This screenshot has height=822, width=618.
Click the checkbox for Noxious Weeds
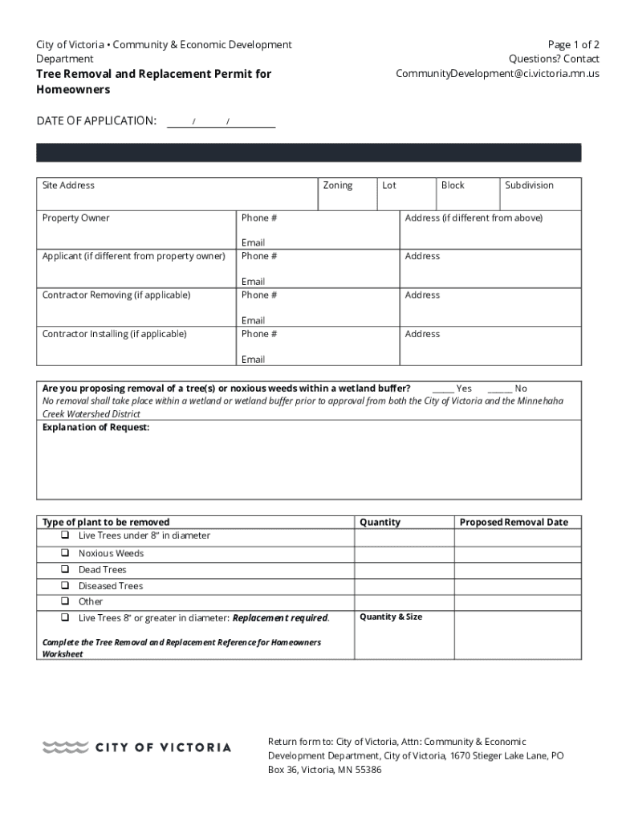pos(64,553)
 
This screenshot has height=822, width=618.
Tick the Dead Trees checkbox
pos(64,570)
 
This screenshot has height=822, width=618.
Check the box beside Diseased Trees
pos(64,586)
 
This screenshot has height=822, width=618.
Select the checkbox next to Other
pos(64,601)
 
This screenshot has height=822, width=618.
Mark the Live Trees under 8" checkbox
pos(64,535)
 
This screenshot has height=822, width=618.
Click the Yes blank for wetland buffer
pos(443,389)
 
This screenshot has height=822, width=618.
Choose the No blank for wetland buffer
pos(499,389)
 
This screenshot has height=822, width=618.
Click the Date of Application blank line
pos(221,121)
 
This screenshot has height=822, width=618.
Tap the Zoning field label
pos(337,185)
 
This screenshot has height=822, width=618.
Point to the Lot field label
pos(389,185)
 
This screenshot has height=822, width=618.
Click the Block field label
pos(453,185)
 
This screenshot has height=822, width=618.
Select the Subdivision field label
pos(529,185)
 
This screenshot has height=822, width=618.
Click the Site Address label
pos(68,185)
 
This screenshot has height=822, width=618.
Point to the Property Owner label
pos(75,218)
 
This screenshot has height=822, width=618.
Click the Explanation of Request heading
pos(96,427)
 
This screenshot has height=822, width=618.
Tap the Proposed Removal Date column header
pos(514,523)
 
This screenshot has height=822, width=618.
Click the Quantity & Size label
pos(391,617)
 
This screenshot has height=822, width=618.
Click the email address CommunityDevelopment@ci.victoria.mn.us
pos(498,74)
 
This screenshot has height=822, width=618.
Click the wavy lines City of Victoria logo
pos(65,747)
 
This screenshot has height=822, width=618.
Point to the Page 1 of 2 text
pos(573,45)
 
